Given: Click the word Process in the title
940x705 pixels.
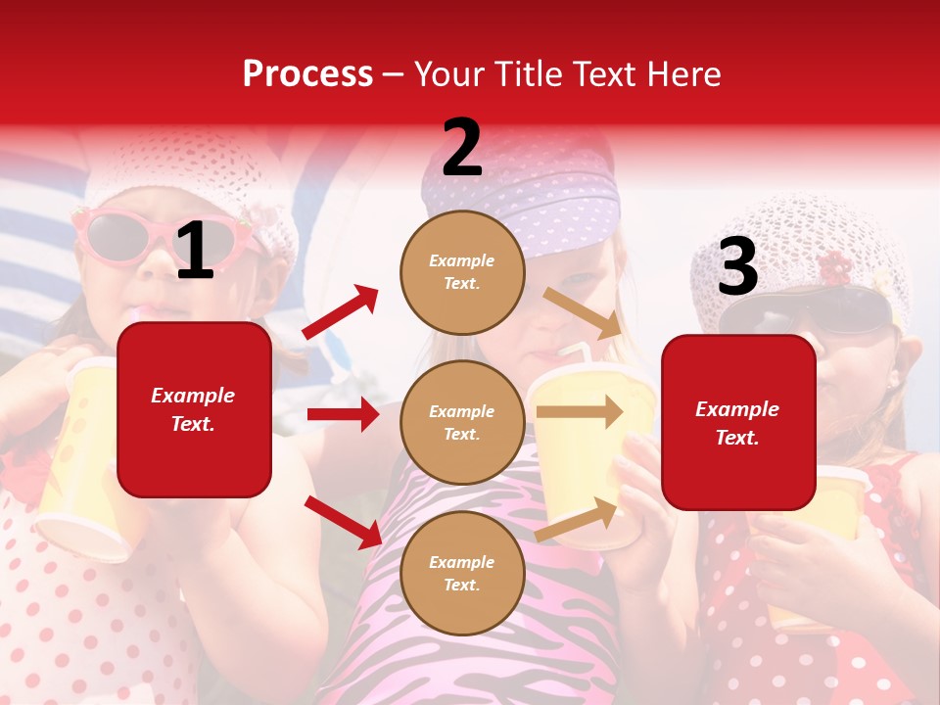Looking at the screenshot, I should click(x=307, y=74).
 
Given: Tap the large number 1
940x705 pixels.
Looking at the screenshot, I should click(x=195, y=252).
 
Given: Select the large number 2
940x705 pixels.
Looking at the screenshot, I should click(x=462, y=148).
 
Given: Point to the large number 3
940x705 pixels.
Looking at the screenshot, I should click(x=737, y=266).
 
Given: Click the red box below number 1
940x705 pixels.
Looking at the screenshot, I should click(x=194, y=409).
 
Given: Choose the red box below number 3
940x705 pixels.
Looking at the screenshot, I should click(x=738, y=422).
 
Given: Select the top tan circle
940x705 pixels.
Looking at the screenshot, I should click(x=462, y=272).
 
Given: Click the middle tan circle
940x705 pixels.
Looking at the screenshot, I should click(x=462, y=422).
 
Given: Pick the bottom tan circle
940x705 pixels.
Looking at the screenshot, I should click(x=462, y=573).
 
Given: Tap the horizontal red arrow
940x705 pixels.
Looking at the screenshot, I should click(x=343, y=414).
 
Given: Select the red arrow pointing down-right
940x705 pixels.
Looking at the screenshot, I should click(x=343, y=522).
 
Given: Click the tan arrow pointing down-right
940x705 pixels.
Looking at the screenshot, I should click(x=582, y=312).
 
